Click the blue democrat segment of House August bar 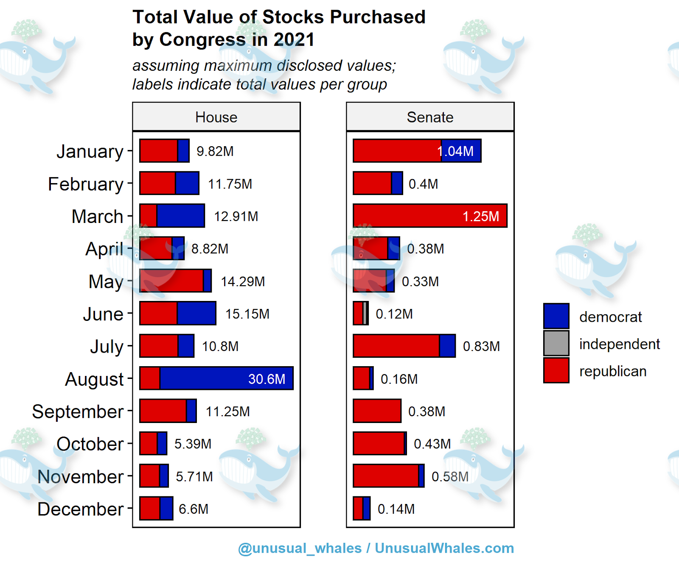226,379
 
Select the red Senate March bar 429,216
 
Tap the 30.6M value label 267,379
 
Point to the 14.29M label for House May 243,281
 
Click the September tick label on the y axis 78,412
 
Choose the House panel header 216,117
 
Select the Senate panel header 430,117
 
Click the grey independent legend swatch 556,343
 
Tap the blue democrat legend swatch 556,316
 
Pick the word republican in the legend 612,371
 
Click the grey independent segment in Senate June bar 365,314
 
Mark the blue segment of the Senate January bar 461,151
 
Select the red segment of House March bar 148,216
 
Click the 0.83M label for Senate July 481,346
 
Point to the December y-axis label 80,509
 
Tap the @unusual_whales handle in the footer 300,548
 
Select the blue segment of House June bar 196,314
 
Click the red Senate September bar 377,411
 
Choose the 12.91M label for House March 236,217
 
